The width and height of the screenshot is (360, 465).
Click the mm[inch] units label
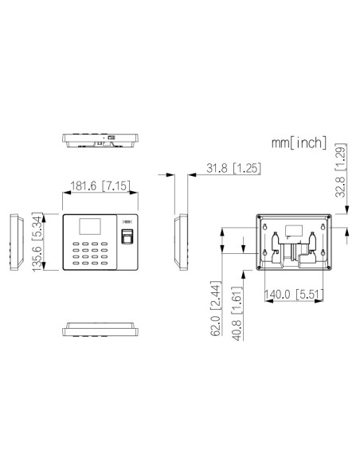[x=299, y=143]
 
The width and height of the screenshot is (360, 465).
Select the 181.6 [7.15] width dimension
[x=102, y=186]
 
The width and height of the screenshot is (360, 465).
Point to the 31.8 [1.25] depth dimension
[x=230, y=170]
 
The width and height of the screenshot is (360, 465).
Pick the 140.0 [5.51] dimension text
[x=294, y=294]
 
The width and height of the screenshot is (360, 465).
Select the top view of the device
[x=101, y=140]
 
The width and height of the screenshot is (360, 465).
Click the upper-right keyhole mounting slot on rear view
[x=322, y=226]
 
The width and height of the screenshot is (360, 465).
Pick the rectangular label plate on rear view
[x=293, y=231]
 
